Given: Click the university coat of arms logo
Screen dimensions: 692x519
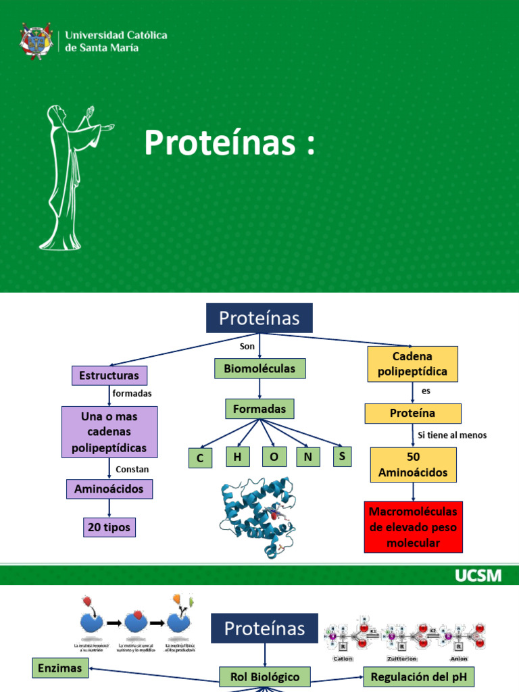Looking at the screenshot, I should pyautogui.click(x=36, y=41).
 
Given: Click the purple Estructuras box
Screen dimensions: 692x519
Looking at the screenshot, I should pyautogui.click(x=109, y=375).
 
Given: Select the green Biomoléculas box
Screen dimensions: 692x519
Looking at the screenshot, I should pyautogui.click(x=259, y=368).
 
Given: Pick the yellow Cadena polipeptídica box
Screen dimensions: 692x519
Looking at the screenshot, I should pyautogui.click(x=412, y=364).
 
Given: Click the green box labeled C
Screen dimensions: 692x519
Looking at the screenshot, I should pyautogui.click(x=200, y=459).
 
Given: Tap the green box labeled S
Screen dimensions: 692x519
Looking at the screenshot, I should pyautogui.click(x=343, y=457).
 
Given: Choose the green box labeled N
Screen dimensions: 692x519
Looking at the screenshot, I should pyautogui.click(x=307, y=458).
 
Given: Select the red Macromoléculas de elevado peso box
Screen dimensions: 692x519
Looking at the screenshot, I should pyautogui.click(x=413, y=527).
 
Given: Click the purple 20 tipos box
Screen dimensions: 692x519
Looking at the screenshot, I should pyautogui.click(x=109, y=527).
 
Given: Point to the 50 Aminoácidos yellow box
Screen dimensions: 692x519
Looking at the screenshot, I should pyautogui.click(x=413, y=464).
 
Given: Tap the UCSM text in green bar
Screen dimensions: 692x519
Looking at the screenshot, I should pyautogui.click(x=478, y=576).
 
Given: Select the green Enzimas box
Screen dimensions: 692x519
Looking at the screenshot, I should pyautogui.click(x=60, y=668).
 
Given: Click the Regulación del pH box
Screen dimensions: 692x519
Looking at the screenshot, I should pyautogui.click(x=419, y=676).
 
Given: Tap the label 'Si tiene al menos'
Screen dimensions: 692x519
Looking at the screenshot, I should pyautogui.click(x=451, y=435).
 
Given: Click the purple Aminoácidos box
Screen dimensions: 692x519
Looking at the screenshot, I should pyautogui.click(x=109, y=489).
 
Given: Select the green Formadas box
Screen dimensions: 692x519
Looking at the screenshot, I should pyautogui.click(x=259, y=409).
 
